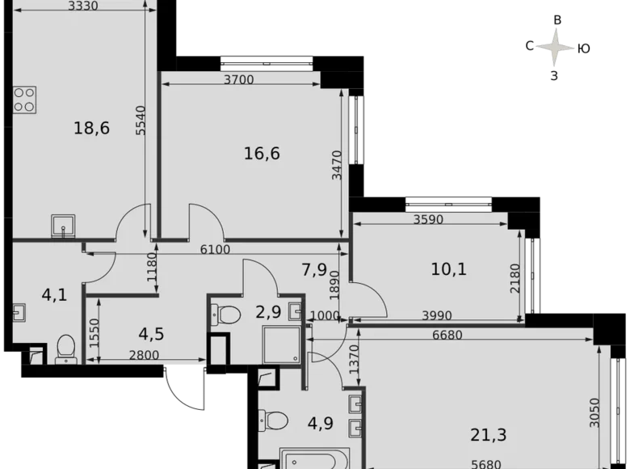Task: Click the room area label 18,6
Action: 91,128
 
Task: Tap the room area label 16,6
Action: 262,153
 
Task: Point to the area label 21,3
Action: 488,436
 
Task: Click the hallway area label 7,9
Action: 314,268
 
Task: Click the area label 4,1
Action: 55,294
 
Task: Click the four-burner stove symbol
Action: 24,99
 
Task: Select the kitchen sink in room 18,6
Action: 63,222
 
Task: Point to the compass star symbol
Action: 556,46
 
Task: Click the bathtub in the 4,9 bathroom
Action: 313,457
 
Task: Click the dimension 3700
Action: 239,79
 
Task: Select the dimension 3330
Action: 83,6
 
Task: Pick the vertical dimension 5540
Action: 141,119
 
